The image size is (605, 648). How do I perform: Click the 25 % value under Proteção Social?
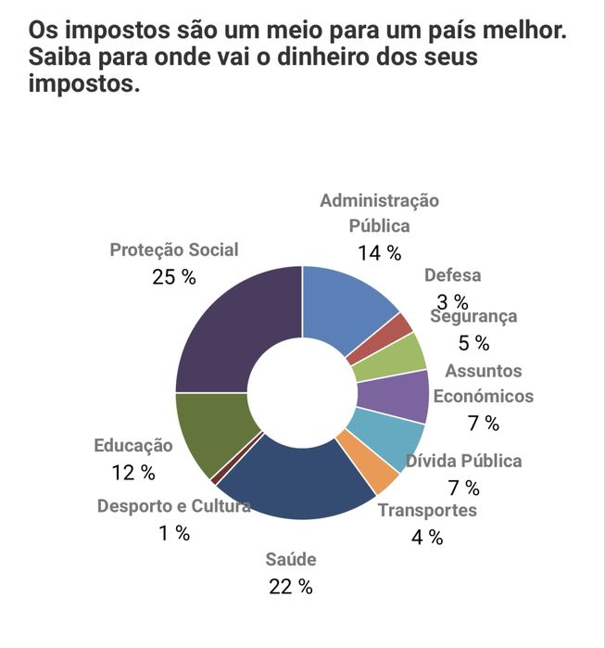[x=174, y=277]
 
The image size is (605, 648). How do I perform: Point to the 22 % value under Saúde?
[x=291, y=586]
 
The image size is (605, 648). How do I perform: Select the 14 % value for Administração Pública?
[x=379, y=252]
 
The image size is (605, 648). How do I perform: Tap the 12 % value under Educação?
[x=133, y=473]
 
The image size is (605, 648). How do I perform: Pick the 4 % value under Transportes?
[x=427, y=537]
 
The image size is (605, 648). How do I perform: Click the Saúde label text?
[x=291, y=559]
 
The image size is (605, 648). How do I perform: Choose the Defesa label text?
[x=452, y=275]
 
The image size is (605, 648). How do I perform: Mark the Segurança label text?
[x=474, y=316]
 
